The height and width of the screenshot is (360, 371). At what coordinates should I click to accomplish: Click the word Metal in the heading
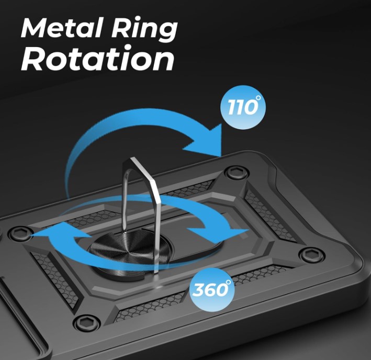tap(62, 28)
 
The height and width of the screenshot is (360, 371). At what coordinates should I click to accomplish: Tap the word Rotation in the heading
tap(97, 59)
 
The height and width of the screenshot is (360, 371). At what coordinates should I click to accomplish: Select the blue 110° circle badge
tap(243, 107)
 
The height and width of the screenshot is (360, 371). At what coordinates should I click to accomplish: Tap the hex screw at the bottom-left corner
tap(86, 321)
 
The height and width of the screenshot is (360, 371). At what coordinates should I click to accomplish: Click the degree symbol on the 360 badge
tap(228, 282)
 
